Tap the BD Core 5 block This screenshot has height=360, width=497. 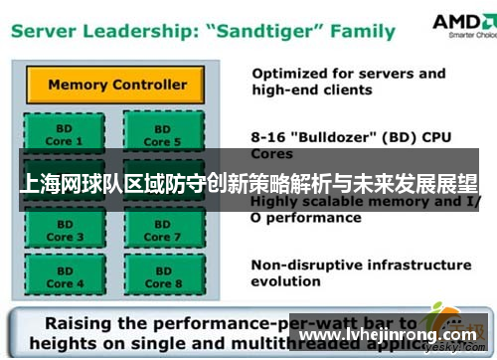click(x=162, y=135)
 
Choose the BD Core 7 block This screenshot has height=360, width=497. click(x=162, y=231)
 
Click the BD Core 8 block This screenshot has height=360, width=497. click(x=162, y=277)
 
